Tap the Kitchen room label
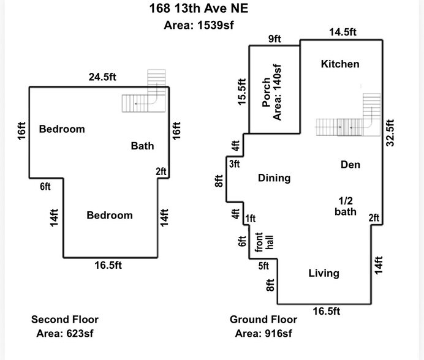pyautogui.click(x=340, y=64)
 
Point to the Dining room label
pyautogui.click(x=274, y=178)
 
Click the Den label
pyautogui.click(x=350, y=165)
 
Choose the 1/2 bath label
pyautogui.click(x=346, y=206)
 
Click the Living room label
pyautogui.click(x=324, y=273)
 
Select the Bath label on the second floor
pyautogui.click(x=142, y=146)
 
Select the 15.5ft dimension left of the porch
pyautogui.click(x=241, y=92)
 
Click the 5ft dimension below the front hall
pyautogui.click(x=263, y=266)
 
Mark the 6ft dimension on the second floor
pyautogui.click(x=45, y=186)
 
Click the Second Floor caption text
pyautogui.click(x=65, y=320)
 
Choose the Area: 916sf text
pyautogui.click(x=263, y=334)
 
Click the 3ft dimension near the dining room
pyautogui.click(x=234, y=163)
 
